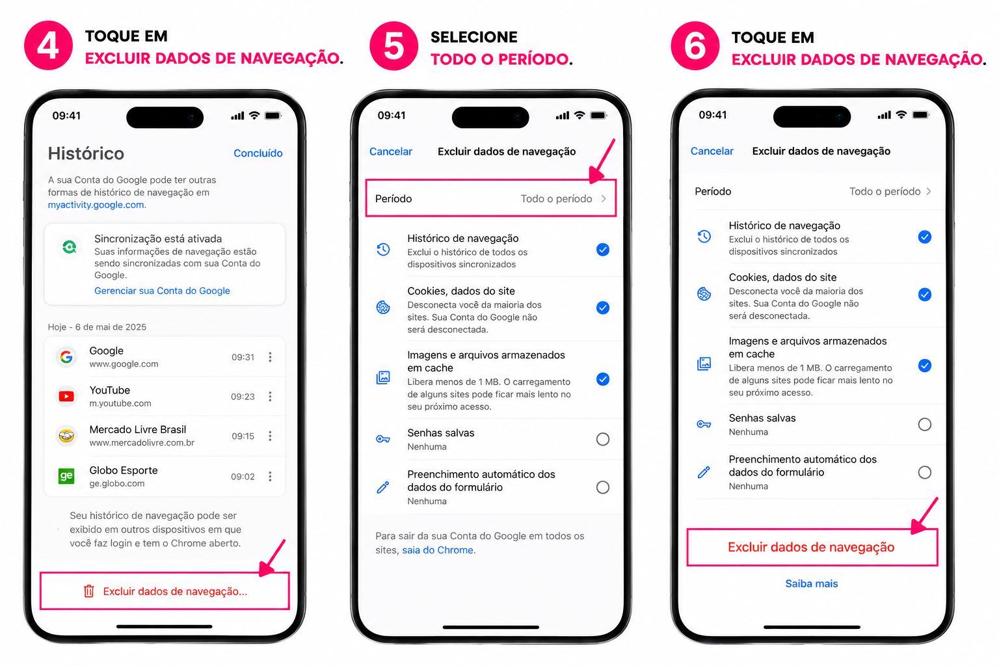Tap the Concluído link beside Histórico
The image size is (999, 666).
tap(258, 153)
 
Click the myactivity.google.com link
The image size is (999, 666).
tap(96, 205)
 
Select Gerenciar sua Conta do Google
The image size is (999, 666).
tap(162, 290)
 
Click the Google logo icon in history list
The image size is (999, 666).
tap(66, 357)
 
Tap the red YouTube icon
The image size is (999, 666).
tap(66, 396)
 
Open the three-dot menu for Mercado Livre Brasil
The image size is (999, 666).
tap(270, 436)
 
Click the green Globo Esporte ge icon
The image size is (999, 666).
tap(66, 476)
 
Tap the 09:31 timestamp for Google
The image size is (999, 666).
tap(243, 357)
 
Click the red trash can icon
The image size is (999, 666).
tap(88, 591)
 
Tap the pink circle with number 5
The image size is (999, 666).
tap(393, 46)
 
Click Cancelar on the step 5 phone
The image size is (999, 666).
tap(391, 152)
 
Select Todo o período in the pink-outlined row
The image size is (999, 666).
tap(556, 198)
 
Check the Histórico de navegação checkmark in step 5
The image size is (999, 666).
tap(602, 249)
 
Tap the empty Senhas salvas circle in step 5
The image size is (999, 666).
tap(602, 440)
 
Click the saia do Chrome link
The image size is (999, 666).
tap(438, 550)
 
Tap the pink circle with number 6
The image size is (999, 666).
tap(695, 46)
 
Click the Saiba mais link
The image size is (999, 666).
tap(811, 583)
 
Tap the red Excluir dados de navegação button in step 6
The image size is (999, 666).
tap(812, 548)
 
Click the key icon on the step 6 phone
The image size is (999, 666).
tap(704, 424)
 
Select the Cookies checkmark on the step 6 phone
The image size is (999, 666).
tap(924, 295)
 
